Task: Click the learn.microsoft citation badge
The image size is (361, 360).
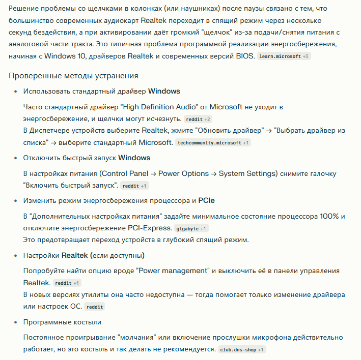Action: (x=284, y=56)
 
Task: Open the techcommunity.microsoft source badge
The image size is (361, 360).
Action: (x=213, y=143)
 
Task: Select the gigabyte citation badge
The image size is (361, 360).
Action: (x=191, y=229)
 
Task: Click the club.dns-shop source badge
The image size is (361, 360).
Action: (x=242, y=350)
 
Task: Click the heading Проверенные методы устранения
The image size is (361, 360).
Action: (x=73, y=76)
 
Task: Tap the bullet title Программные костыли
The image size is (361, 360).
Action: (x=62, y=322)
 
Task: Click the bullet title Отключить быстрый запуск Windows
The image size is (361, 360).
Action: (x=87, y=158)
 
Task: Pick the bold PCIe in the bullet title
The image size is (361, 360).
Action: (x=207, y=200)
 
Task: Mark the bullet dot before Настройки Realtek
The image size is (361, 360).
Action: (x=15, y=255)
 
